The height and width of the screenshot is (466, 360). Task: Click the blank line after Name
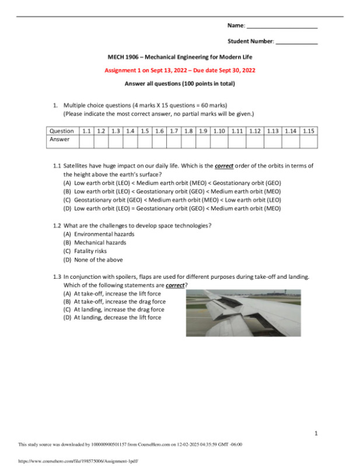282,27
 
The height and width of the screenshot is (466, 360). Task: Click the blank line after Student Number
296,42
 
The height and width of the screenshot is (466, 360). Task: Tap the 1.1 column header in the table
86,131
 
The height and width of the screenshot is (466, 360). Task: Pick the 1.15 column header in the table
309,131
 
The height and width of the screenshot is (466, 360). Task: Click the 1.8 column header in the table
188,131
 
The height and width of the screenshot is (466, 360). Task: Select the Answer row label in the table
60,140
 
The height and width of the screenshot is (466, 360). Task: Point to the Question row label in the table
62,131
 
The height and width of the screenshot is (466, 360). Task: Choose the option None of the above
93,260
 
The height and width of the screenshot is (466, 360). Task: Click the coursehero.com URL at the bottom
73,460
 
